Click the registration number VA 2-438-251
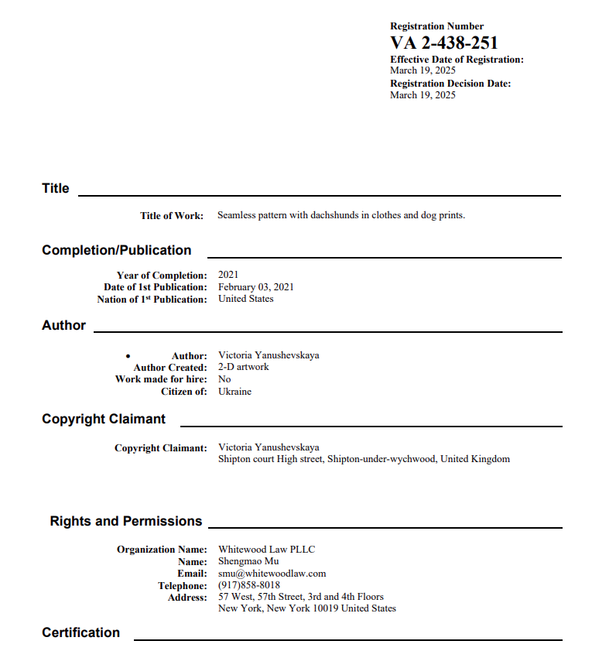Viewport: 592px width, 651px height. tap(443, 43)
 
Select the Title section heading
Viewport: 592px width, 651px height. tap(56, 188)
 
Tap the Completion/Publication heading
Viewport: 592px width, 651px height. tap(117, 250)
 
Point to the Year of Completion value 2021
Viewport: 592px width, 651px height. tap(228, 275)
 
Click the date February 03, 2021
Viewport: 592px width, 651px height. tap(256, 287)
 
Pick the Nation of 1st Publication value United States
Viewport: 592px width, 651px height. tap(246, 299)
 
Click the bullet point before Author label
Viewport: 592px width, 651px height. tap(128, 356)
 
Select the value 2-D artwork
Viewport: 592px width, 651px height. tap(244, 367)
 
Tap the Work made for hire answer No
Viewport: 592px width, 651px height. tap(224, 379)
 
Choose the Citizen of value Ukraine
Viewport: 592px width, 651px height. tap(234, 392)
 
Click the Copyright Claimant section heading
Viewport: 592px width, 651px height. tap(104, 419)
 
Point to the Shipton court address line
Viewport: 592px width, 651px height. tap(364, 459)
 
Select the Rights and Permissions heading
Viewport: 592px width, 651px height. tap(126, 521)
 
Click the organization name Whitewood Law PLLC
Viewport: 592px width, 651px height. tap(267, 550)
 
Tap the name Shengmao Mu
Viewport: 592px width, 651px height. tap(248, 561)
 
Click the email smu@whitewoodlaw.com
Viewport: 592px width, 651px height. tap(272, 574)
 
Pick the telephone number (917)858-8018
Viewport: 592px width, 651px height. tap(249, 585)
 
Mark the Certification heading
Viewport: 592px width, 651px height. tap(81, 632)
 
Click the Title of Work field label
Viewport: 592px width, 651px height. tap(172, 216)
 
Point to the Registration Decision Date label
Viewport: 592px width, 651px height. tap(450, 84)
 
